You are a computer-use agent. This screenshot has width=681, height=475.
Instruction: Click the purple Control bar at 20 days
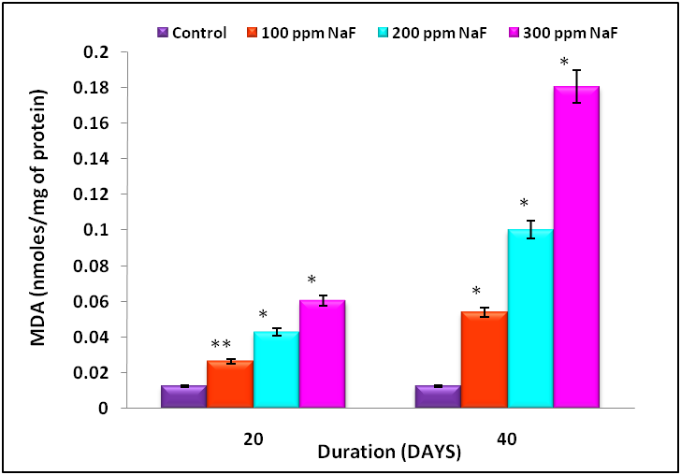pos(183,396)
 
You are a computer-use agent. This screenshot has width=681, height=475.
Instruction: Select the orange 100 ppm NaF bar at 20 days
pos(229,384)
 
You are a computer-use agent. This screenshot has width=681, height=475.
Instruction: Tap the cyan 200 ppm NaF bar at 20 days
pos(276,369)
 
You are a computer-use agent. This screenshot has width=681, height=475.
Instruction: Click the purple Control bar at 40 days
pos(438,396)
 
